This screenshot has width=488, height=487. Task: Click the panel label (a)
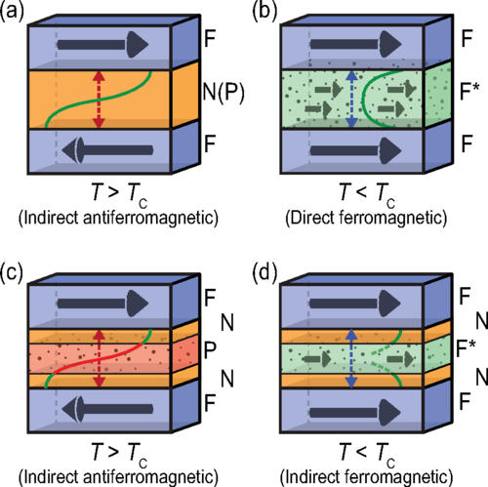pos(12,12)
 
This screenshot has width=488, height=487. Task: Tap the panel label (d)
pos(264,272)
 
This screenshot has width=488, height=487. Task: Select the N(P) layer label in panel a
pos(224,92)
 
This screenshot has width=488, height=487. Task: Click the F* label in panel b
pos(469,91)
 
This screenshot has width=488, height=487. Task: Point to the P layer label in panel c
pos(210,350)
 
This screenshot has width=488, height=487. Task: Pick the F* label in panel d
pos(466,348)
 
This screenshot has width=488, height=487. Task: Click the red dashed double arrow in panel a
pos(99,100)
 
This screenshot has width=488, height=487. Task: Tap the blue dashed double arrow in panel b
pos(351,100)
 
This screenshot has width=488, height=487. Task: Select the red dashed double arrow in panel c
pos(99,358)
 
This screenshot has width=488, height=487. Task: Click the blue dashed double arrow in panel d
pos(350,358)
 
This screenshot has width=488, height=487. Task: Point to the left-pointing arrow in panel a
pos(107,150)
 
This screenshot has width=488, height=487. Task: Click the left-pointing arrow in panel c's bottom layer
pos(107,409)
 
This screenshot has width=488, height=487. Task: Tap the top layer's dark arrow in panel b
pos(355,44)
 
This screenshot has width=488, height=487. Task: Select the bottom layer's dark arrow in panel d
pos(355,413)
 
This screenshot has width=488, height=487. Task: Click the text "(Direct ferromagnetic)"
pos(366,218)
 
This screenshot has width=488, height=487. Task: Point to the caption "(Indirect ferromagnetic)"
pos(367,477)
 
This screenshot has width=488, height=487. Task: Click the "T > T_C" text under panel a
pos(120,194)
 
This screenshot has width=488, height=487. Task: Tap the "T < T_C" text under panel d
pos(367,454)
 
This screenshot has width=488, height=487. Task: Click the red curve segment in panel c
pos(99,358)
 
